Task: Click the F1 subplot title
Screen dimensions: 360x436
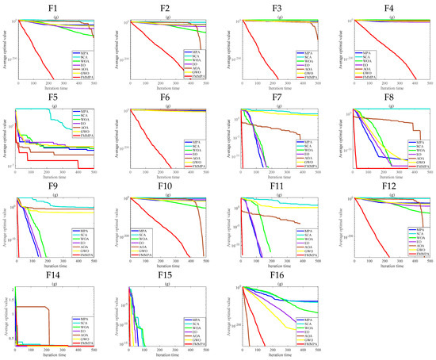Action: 53,6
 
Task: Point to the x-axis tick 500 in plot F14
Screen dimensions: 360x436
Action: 94,350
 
